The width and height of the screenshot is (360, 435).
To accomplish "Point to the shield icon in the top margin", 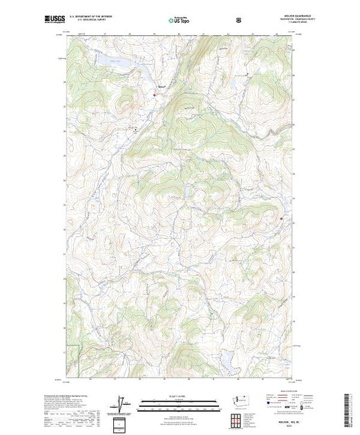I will [x=239, y=21].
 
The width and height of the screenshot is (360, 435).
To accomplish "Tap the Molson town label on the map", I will [x=162, y=86].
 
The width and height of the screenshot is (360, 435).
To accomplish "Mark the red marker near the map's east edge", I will [x=281, y=219].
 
